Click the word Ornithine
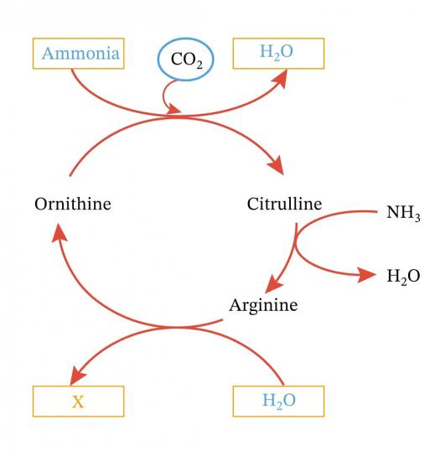pyautogui.click(x=73, y=204)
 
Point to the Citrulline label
pyautogui.click(x=284, y=204)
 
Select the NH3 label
pyautogui.click(x=403, y=213)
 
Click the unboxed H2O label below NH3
pyautogui.click(x=403, y=276)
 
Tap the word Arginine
pyautogui.click(x=263, y=306)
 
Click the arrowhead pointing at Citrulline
pyautogui.click(x=277, y=165)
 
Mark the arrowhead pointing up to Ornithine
pyautogui.click(x=60, y=232)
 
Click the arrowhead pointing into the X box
pyautogui.click(x=77, y=376)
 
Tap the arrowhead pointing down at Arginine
pyautogui.click(x=272, y=283)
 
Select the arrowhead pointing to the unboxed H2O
pyautogui.click(x=367, y=275)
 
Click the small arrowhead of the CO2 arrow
pyautogui.click(x=174, y=110)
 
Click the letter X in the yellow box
pyautogui.click(x=78, y=402)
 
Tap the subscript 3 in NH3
pyautogui.click(x=417, y=217)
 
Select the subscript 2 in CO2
pyautogui.click(x=199, y=65)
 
